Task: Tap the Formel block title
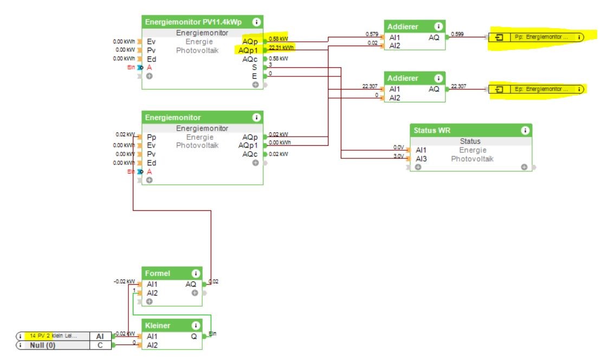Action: [157, 274]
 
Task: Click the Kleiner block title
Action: [158, 326]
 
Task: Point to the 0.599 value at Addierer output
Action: [457, 35]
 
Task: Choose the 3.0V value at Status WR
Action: [399, 157]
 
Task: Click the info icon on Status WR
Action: [525, 131]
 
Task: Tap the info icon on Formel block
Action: [195, 274]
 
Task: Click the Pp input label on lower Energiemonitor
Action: [151, 137]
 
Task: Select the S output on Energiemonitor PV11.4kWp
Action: [254, 67]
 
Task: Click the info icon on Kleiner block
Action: [195, 326]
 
